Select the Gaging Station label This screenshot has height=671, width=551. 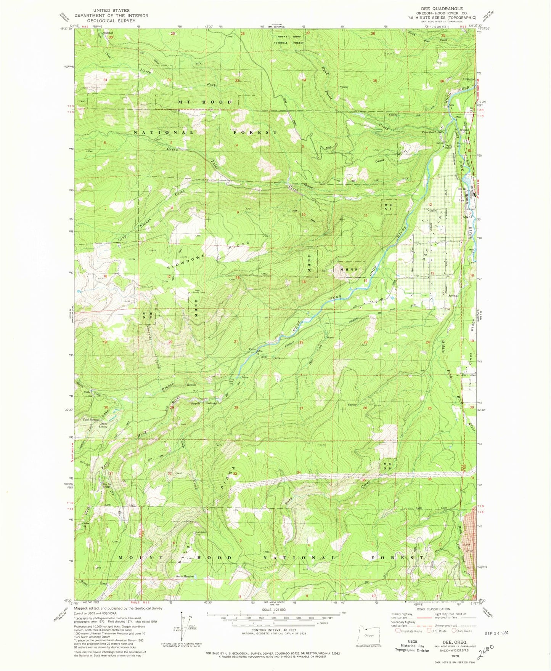pyautogui.click(x=447, y=146)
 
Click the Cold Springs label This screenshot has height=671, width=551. pyautogui.click(x=91, y=420)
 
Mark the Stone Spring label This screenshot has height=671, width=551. pyautogui.click(x=103, y=425)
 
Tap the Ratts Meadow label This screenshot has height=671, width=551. pyautogui.click(x=185, y=576)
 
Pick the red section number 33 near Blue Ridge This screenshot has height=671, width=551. pyautogui.click(x=235, y=474)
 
